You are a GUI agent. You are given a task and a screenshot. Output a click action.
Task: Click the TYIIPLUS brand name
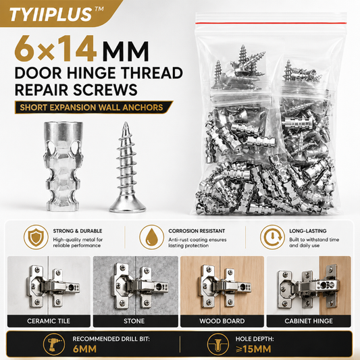[x=51, y=14]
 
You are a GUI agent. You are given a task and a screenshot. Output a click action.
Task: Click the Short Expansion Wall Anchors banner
[x=94, y=107]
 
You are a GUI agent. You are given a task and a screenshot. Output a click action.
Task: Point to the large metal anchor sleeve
[x=63, y=166]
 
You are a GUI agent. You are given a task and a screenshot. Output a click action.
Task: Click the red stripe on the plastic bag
[x=270, y=23]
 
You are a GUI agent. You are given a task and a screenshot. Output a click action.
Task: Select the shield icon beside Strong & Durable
[x=36, y=237]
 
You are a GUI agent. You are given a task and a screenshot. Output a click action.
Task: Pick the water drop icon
[x=151, y=237]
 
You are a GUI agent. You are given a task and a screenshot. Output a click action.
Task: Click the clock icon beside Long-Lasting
[x=272, y=237]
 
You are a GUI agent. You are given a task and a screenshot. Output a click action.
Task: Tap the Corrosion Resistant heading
[x=197, y=231]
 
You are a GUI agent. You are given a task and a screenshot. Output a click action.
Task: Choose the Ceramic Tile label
[x=49, y=321]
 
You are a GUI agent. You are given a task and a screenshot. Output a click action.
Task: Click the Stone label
[x=134, y=321]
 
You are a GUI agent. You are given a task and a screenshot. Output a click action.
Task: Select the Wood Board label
[x=222, y=321]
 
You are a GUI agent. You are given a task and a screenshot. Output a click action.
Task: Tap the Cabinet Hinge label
[x=309, y=321]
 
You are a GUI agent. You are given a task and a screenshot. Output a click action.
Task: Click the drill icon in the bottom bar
[x=54, y=344]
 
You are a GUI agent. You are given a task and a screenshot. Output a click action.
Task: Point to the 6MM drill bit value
[x=84, y=349]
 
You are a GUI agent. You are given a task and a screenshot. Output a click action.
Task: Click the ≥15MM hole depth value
[x=253, y=349]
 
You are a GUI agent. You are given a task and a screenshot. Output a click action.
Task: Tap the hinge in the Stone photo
[x=140, y=286]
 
